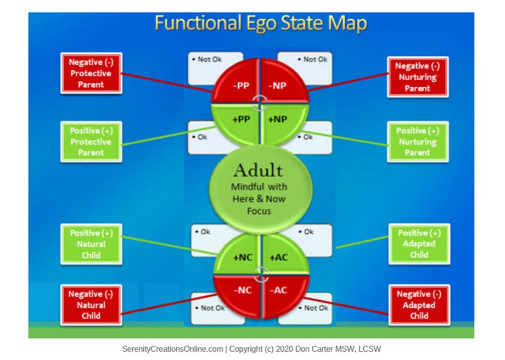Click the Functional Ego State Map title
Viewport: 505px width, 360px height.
260,24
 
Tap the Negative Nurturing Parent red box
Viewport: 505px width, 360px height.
418,77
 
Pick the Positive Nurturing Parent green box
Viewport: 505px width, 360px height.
418,142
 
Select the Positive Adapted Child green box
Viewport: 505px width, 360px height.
419,244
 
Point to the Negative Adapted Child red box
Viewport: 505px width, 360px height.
419,305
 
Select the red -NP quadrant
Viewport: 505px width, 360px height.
280,86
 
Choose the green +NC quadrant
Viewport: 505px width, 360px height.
241,256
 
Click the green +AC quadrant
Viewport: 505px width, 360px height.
279,256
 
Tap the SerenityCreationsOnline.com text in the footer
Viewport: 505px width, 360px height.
173,348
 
